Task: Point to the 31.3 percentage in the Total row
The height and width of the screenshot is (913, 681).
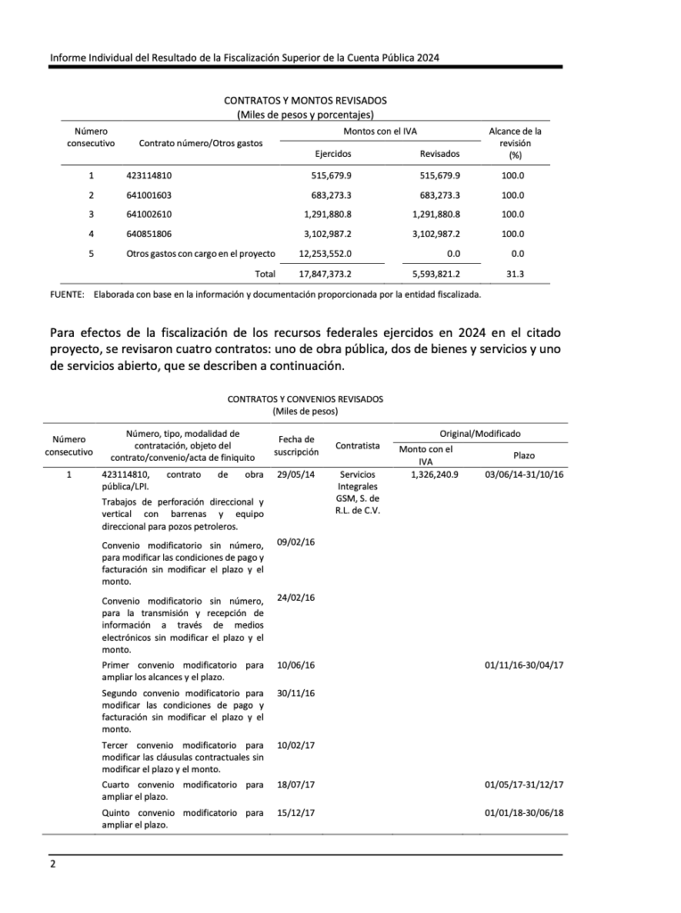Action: (x=514, y=274)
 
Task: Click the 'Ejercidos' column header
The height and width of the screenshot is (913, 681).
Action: (x=332, y=153)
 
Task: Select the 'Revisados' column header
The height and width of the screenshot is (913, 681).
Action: (x=439, y=153)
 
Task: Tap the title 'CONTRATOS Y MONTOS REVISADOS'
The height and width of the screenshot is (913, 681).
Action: (x=305, y=102)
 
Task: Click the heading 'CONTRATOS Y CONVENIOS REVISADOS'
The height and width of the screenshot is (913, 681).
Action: (x=305, y=399)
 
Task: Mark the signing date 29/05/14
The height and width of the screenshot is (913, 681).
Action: (x=296, y=474)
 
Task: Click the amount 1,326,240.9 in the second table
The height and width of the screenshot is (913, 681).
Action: (x=434, y=474)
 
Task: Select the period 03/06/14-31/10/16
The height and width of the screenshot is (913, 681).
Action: (x=524, y=474)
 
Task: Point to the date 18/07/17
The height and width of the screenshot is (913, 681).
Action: (x=296, y=785)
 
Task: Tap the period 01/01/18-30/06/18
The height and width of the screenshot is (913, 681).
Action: (x=524, y=813)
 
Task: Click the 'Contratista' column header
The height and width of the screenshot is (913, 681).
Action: (x=357, y=446)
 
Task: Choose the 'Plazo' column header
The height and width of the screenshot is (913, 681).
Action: (x=524, y=455)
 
